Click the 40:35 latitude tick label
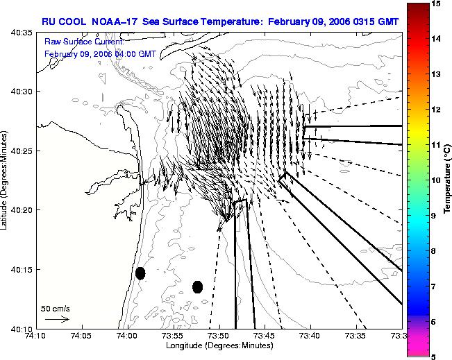(x=22, y=33)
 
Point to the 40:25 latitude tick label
(x=22, y=151)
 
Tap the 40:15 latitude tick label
(x=22, y=270)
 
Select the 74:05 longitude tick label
(x=83, y=336)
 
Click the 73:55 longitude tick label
(x=174, y=336)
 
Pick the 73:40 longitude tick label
(x=311, y=336)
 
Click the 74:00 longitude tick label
(x=128, y=336)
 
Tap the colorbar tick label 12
(x=436, y=110)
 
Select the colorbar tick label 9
(x=433, y=216)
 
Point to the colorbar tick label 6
(x=433, y=322)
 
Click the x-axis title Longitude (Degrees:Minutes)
(x=219, y=345)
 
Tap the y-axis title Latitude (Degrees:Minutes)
(x=3, y=180)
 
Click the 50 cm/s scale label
(x=55, y=309)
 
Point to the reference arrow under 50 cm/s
(x=57, y=319)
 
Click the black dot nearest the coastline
(x=140, y=273)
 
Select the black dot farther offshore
(x=197, y=287)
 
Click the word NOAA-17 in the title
(x=114, y=22)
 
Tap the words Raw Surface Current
(x=84, y=42)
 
